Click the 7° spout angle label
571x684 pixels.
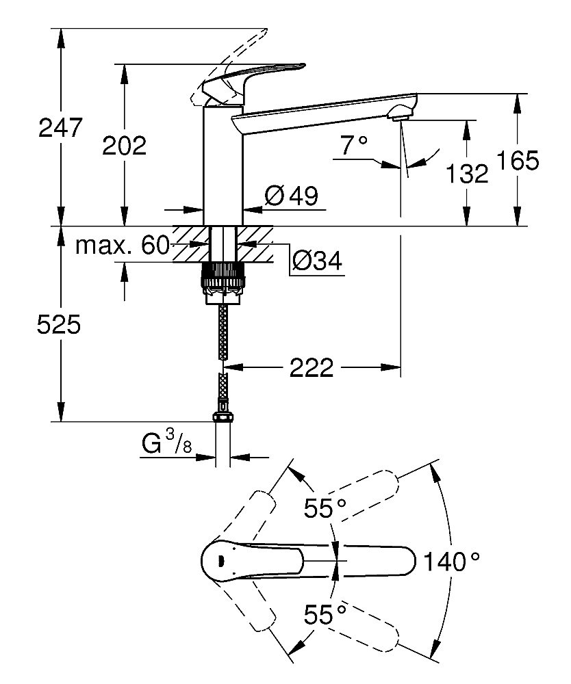354,144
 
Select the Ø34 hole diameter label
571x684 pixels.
317,260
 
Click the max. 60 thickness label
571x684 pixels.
122,246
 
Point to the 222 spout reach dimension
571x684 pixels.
312,368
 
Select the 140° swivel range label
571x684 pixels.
451,562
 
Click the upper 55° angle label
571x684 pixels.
326,508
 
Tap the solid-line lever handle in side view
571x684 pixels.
253,77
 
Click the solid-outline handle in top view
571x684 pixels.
308,561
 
